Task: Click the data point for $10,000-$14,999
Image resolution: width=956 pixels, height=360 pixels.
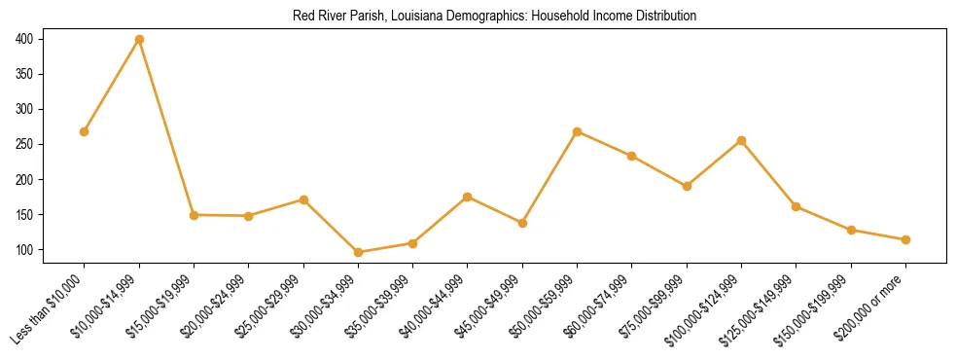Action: coord(139,40)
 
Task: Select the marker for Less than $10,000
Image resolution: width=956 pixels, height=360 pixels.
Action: coord(85,131)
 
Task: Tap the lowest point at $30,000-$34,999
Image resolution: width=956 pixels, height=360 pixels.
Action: coord(358,253)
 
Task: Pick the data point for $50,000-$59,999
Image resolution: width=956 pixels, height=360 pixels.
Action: coord(578,131)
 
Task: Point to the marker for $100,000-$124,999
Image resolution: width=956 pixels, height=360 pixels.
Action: coord(742,140)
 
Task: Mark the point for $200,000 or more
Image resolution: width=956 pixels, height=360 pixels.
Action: coord(905,239)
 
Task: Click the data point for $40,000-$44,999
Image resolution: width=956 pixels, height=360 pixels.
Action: coord(468,197)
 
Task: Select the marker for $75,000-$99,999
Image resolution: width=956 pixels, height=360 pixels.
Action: coord(687,186)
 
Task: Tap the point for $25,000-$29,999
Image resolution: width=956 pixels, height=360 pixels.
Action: coord(303,199)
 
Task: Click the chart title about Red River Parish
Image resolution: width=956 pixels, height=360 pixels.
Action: coord(495,17)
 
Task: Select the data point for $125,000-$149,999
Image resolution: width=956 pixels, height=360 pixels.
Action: coord(797,206)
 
